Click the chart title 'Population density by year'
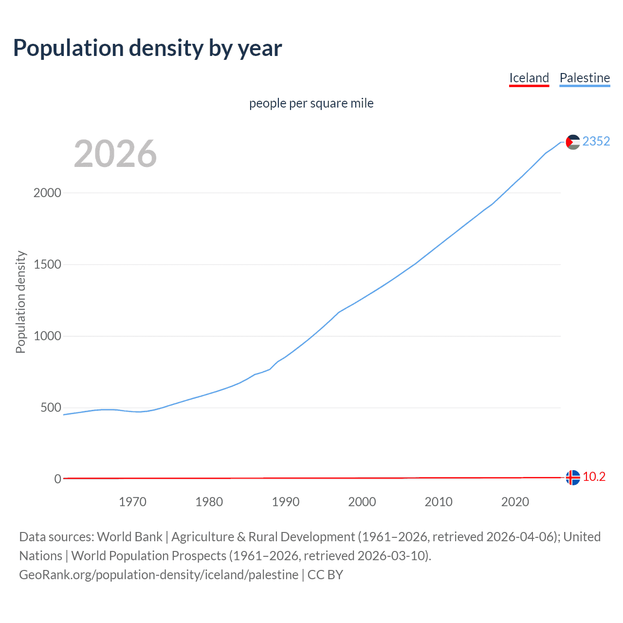click(x=147, y=48)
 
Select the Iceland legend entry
click(x=529, y=78)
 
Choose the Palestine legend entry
click(x=585, y=78)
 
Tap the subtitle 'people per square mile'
click(x=311, y=103)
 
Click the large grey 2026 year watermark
click(x=115, y=154)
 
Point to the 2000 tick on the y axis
click(x=47, y=193)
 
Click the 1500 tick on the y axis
click(x=47, y=264)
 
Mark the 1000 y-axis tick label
click(x=47, y=336)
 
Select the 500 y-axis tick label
click(x=51, y=407)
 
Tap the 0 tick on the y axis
click(x=57, y=479)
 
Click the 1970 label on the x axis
click(x=132, y=502)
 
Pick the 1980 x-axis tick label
click(x=209, y=502)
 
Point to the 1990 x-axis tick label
click(x=286, y=502)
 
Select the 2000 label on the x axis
click(x=362, y=502)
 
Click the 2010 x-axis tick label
click(x=439, y=502)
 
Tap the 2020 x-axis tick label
click(x=515, y=502)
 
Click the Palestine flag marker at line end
click(x=573, y=142)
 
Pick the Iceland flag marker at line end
click(x=573, y=477)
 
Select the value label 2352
click(x=596, y=141)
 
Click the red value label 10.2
click(x=594, y=477)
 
